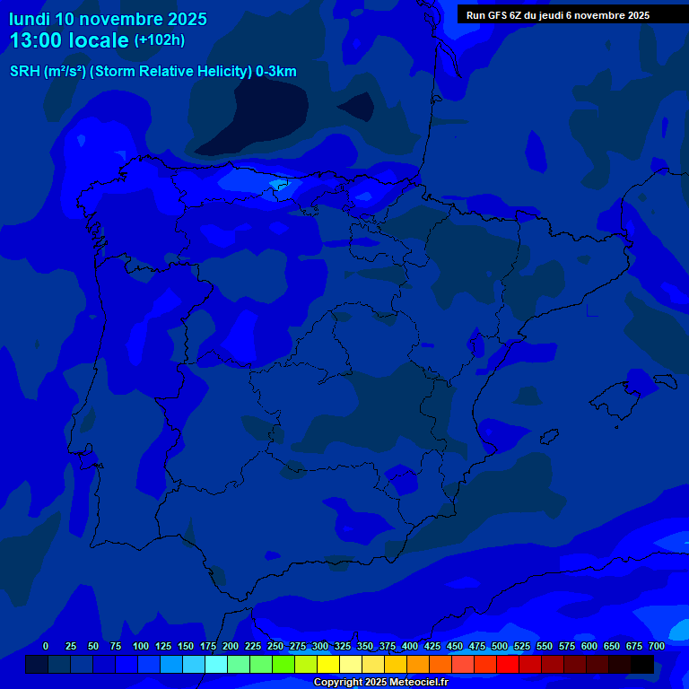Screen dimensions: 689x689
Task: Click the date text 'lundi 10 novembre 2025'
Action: pos(108,19)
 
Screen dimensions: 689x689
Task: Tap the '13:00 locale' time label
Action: pos(69,40)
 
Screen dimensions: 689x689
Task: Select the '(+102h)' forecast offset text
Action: pos(160,40)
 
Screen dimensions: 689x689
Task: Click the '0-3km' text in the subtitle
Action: pos(275,72)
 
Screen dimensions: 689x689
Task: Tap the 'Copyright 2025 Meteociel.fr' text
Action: pos(380,683)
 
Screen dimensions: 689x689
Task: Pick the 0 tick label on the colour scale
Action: pos(46,646)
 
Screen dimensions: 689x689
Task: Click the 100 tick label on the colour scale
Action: pos(141,646)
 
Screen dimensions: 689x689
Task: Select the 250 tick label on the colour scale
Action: pos(275,646)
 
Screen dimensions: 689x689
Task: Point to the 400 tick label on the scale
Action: pos(410,646)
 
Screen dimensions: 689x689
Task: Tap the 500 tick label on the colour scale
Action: pos(500,646)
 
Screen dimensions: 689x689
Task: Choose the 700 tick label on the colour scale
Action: pos(657,646)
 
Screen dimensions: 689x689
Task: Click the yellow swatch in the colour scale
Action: pos(328,664)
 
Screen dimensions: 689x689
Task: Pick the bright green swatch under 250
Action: pos(261,664)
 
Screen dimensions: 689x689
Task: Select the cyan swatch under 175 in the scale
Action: pos(216,664)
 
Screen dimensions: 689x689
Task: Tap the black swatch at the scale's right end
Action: pos(642,664)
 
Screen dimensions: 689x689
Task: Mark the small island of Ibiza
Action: pos(549,437)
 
